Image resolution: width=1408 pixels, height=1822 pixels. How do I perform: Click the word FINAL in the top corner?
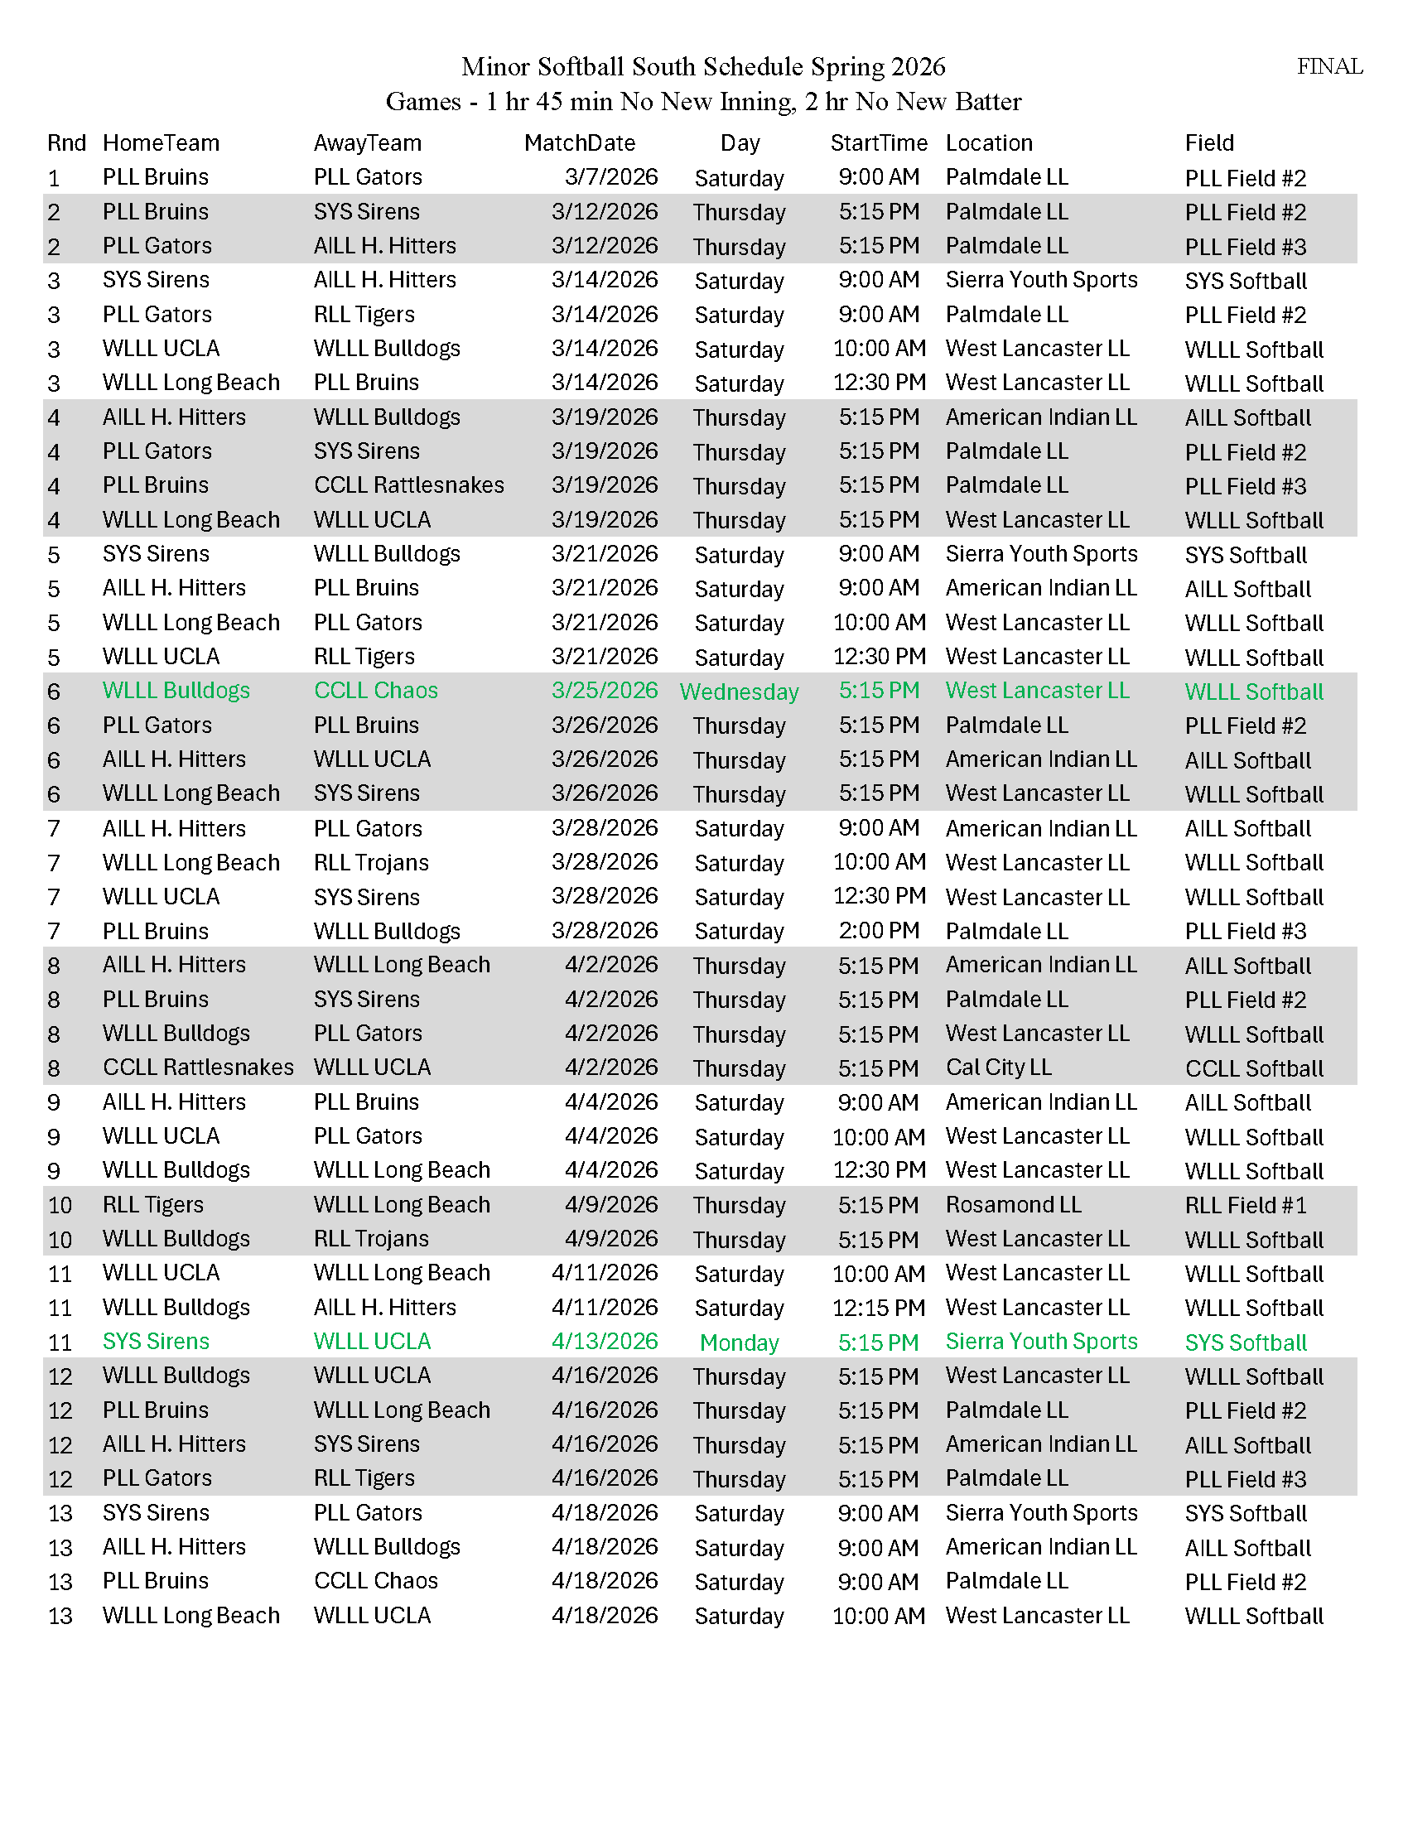click(1328, 67)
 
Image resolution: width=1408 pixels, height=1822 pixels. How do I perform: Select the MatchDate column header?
click(579, 143)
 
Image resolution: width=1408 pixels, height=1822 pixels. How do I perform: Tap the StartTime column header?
click(878, 143)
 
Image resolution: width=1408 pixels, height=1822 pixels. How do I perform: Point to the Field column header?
click(1208, 143)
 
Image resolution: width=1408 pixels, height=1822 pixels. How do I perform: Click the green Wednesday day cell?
click(739, 692)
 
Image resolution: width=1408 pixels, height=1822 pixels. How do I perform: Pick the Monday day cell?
click(739, 1342)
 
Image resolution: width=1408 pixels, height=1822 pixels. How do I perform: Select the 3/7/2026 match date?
click(610, 178)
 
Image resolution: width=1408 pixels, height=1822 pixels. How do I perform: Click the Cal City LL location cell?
click(998, 1068)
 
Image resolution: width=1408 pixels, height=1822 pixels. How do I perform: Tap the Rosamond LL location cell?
click(1013, 1205)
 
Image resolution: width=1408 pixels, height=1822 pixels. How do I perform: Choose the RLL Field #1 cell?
click(1245, 1206)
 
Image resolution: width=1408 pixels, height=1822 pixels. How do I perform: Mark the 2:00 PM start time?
click(878, 931)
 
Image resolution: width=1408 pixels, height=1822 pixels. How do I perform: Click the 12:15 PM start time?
click(878, 1308)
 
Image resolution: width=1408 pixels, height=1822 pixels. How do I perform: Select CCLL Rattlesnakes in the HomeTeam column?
click(198, 1068)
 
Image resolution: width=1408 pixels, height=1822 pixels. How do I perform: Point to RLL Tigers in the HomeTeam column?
click(152, 1205)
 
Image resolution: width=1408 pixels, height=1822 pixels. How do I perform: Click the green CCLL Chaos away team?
click(375, 691)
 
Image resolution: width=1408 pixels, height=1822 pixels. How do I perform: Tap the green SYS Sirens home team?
click(156, 1342)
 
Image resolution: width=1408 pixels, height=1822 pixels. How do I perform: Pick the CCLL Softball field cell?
click(1254, 1068)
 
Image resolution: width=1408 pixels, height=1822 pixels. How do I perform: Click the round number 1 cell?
click(54, 179)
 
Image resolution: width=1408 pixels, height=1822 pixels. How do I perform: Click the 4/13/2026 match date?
click(604, 1342)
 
